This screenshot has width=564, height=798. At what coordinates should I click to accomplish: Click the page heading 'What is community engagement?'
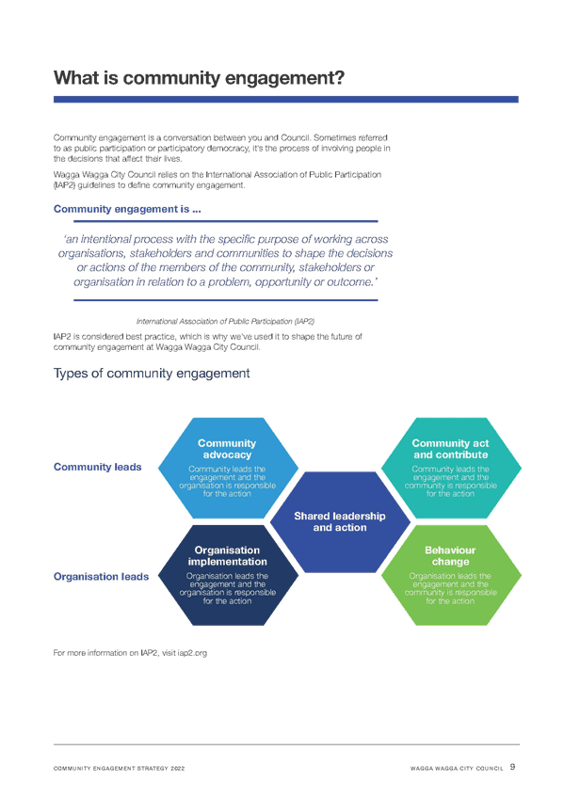pyautogui.click(x=199, y=78)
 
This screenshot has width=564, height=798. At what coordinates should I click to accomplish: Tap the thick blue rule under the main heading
pyautogui.click(x=286, y=100)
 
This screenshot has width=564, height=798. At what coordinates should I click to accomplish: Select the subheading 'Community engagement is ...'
pyautogui.click(x=127, y=209)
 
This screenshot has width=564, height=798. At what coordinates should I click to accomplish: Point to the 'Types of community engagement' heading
pyautogui.click(x=152, y=374)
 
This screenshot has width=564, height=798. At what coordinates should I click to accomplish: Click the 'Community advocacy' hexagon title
pyautogui.click(x=227, y=449)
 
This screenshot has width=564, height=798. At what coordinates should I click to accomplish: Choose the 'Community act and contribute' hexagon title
pyautogui.click(x=450, y=449)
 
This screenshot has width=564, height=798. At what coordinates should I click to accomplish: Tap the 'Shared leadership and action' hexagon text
pyautogui.click(x=340, y=521)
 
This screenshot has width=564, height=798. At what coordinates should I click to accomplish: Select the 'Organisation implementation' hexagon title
pyautogui.click(x=227, y=556)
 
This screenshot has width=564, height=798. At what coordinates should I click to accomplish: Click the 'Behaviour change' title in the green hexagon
pyautogui.click(x=450, y=556)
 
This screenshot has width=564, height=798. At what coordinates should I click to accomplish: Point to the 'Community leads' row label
pyautogui.click(x=98, y=467)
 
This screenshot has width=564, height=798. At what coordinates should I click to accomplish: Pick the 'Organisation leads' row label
pyautogui.click(x=102, y=577)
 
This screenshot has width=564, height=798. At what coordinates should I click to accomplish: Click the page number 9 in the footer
pyautogui.click(x=512, y=767)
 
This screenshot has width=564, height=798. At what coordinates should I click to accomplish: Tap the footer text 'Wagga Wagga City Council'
pyautogui.click(x=457, y=769)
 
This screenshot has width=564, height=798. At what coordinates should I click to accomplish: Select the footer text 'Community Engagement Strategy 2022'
pyautogui.click(x=120, y=769)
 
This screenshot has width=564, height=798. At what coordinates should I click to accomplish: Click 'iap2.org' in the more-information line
pyautogui.click(x=192, y=653)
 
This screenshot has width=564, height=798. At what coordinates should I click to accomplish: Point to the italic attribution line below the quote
pyautogui.click(x=225, y=322)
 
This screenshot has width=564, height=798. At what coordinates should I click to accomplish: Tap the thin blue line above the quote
pyautogui.click(x=225, y=221)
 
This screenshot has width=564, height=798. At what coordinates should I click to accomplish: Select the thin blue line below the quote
pyautogui.click(x=225, y=300)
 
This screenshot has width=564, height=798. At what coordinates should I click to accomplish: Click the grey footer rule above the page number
pyautogui.click(x=286, y=744)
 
